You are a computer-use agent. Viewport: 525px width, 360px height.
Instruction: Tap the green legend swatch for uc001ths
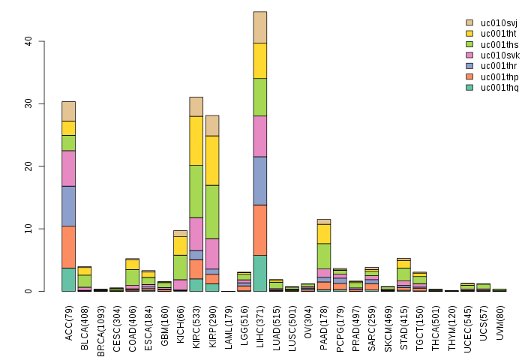[x=470, y=44]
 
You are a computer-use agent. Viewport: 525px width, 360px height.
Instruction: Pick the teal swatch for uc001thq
[x=470, y=87]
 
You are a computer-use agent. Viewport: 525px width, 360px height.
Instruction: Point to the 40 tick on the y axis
[x=28, y=41]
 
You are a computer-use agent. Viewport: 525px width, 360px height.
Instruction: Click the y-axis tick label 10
[x=28, y=229]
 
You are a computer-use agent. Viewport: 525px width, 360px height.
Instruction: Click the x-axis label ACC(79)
[x=68, y=322]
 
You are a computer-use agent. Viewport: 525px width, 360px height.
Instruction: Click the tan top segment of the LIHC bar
[x=260, y=27]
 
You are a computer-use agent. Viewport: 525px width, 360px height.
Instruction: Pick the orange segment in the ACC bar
[x=68, y=247]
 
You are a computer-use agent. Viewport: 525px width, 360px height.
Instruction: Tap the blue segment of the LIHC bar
[x=260, y=181]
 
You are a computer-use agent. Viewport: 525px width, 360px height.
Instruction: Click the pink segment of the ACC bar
[x=68, y=169]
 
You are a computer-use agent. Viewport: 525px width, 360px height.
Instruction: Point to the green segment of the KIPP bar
[x=212, y=211]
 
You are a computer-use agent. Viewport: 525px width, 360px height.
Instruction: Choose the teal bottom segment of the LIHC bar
[x=260, y=273]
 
